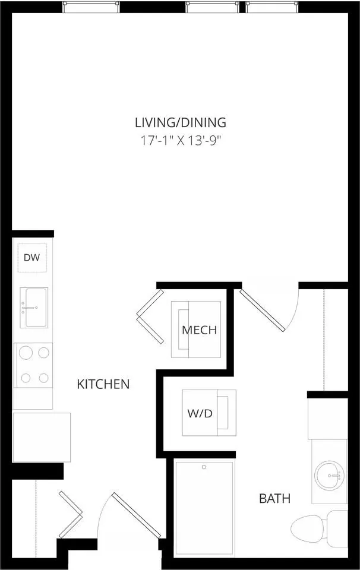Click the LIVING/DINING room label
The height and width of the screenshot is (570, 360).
[181, 122]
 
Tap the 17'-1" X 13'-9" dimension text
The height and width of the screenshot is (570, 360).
[181, 140]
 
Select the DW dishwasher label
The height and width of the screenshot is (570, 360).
[31, 258]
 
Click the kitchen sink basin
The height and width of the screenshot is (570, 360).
[36, 308]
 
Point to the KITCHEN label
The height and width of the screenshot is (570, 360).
[103, 384]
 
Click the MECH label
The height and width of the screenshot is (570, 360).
[199, 330]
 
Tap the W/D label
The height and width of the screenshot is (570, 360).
[200, 413]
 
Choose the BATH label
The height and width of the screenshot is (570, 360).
[274, 498]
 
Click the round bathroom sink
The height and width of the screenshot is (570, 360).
[329, 476]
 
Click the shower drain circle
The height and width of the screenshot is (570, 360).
[204, 467]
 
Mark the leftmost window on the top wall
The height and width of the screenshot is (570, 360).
[91, 7]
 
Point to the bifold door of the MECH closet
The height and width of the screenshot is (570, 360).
[150, 316]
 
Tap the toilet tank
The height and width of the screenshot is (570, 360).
[337, 528]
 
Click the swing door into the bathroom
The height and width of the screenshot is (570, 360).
[262, 310]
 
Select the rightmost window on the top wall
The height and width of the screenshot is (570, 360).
[272, 7]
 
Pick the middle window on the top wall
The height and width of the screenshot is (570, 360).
[212, 7]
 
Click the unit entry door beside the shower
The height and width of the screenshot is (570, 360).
[137, 515]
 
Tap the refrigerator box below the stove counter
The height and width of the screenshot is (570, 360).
[42, 438]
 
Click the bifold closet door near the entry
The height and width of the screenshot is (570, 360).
[71, 514]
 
